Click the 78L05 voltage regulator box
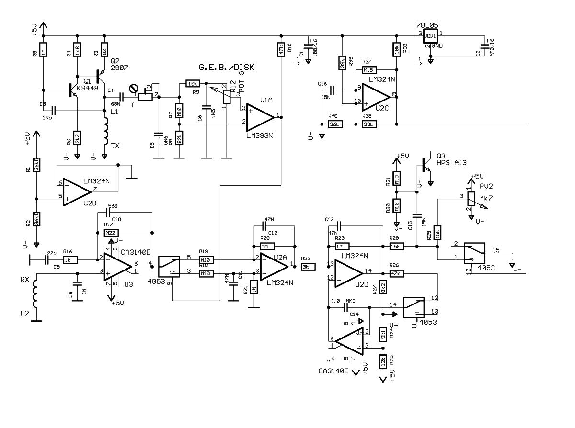431,37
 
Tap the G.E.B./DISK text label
226,67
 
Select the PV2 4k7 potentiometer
472,198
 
